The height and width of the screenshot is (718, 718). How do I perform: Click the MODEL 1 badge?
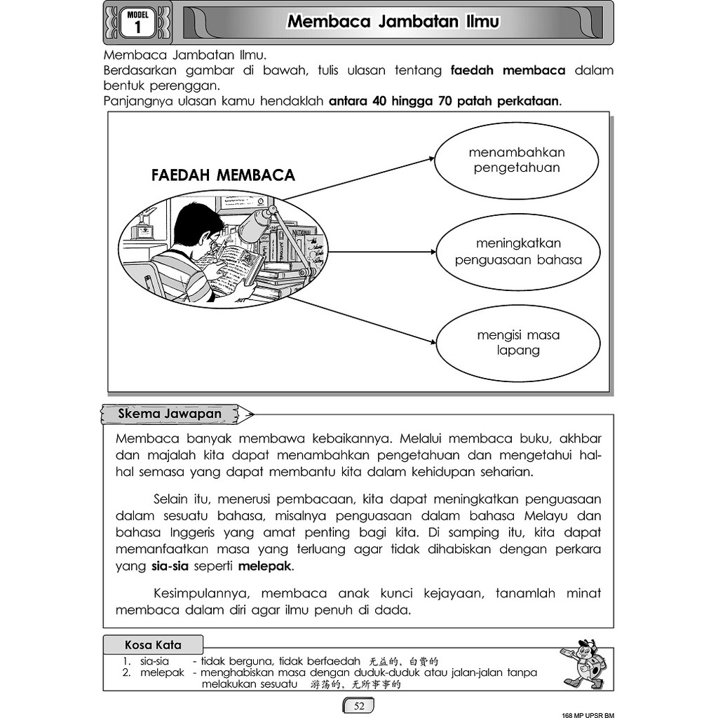tap(137, 22)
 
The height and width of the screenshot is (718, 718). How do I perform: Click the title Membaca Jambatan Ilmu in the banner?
tap(393, 22)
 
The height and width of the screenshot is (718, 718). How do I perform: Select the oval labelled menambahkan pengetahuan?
tap(517, 161)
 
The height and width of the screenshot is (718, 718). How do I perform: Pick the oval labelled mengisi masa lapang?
tap(518, 343)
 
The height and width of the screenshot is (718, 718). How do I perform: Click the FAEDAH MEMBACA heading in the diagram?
tap(223, 175)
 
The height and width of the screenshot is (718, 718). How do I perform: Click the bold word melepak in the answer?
tap(266, 565)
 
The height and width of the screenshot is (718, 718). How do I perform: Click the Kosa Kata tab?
tap(153, 644)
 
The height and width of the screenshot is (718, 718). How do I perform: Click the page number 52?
tap(359, 705)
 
